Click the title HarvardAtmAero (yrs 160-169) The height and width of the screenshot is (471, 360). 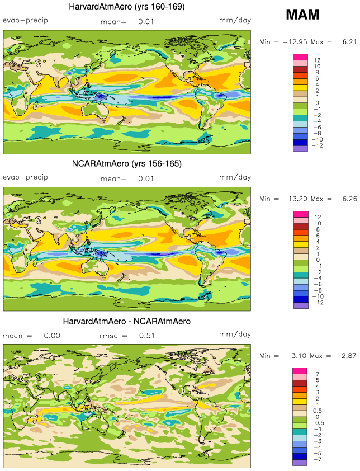(127, 7)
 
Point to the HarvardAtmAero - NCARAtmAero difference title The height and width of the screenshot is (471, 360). (127, 322)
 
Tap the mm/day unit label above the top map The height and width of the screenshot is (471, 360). (234, 21)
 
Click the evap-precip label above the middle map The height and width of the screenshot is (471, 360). (26, 177)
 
